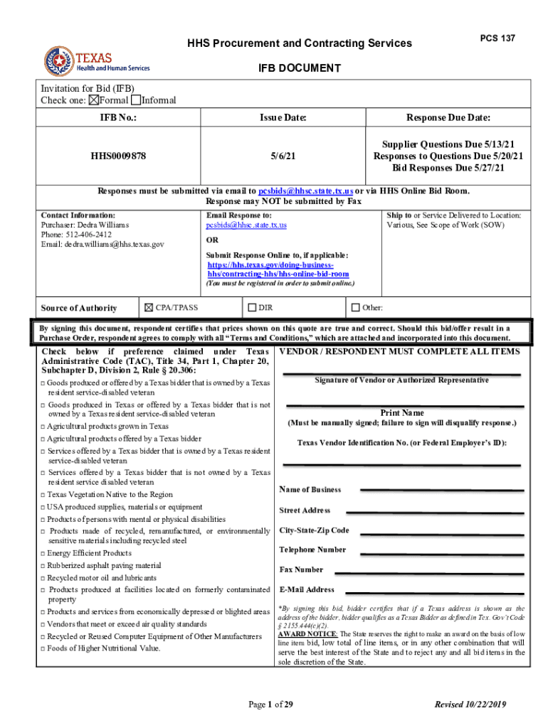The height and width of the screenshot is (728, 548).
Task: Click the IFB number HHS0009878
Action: click(118, 156)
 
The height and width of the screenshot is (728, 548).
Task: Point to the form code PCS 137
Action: click(497, 38)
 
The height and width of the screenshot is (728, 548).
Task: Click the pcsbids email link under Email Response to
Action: click(246, 225)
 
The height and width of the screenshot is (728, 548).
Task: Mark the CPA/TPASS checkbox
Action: click(149, 308)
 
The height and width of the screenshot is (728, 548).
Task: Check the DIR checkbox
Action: click(252, 308)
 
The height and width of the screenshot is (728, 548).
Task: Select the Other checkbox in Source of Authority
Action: click(356, 308)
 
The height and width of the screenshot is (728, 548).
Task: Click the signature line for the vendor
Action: click(401, 373)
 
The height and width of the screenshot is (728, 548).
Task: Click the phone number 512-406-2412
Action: click(88, 234)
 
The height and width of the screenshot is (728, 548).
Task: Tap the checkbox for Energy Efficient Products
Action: click(43, 554)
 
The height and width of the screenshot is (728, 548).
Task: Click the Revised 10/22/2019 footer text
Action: click(470, 705)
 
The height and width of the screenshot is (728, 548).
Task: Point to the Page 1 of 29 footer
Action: click(270, 705)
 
